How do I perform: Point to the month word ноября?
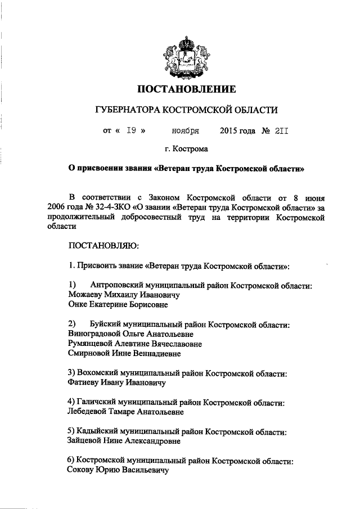point(186,131)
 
